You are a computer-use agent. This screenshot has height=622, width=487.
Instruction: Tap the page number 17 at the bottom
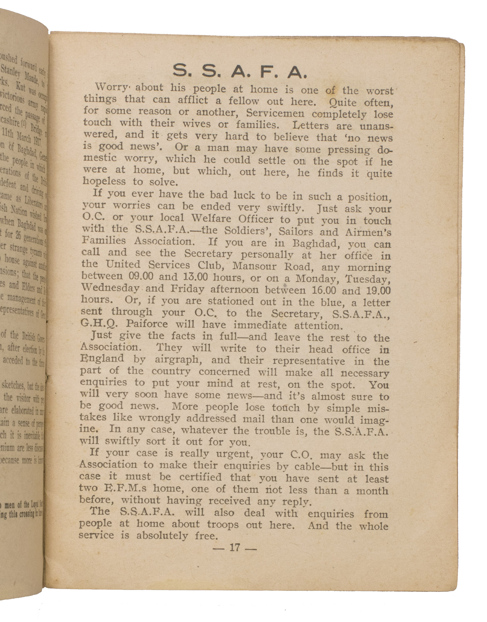(x=234, y=547)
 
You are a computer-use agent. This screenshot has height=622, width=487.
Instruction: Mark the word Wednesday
(x=110, y=288)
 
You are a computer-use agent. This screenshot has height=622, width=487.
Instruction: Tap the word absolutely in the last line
(x=161, y=535)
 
